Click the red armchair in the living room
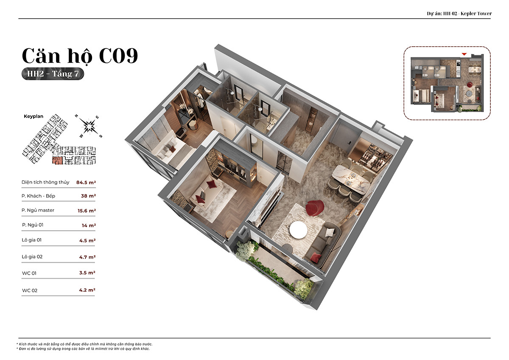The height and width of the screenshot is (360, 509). point(314,208)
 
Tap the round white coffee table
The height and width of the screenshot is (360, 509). point(298,230)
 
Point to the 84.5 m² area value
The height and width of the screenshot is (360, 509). point(86,183)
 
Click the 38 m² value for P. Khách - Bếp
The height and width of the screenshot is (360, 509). point(88,196)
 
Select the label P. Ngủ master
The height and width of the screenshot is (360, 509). point(38,210)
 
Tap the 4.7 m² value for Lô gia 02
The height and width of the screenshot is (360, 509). point(87,257)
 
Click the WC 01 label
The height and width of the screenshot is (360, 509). point(29,273)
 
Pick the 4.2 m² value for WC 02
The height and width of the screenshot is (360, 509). point(87,290)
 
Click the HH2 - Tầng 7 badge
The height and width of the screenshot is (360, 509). point(53,74)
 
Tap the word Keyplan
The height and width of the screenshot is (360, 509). point(34,116)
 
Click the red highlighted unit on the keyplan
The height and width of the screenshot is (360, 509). point(57,160)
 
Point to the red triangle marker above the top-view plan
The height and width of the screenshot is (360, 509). point(464,54)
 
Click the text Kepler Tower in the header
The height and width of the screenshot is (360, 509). point(476,14)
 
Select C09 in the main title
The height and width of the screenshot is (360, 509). point(118,56)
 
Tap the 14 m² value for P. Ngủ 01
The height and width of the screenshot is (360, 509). point(89,225)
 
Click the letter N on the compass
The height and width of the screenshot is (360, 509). point(76,116)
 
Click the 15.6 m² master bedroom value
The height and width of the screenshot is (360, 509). point(87,211)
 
